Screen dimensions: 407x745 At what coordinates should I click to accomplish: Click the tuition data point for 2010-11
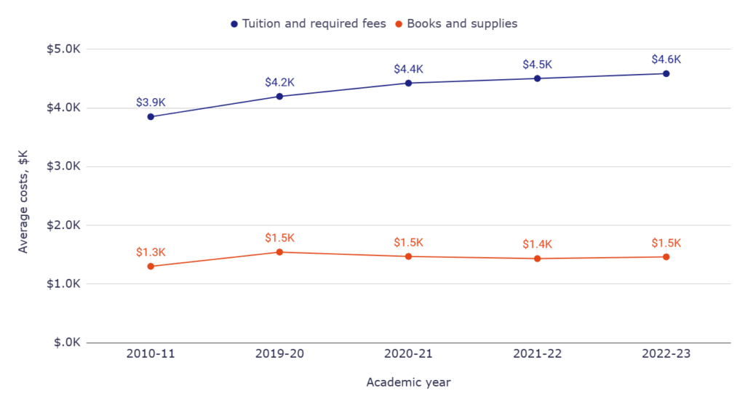(x=151, y=116)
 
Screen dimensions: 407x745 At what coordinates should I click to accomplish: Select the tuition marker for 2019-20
(x=279, y=96)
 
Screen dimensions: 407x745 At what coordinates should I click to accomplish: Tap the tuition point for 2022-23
(x=666, y=73)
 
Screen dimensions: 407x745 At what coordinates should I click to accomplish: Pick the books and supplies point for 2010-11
(x=151, y=266)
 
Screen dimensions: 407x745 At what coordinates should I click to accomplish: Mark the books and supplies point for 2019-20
(x=279, y=252)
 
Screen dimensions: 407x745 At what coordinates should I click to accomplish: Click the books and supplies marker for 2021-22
(x=537, y=259)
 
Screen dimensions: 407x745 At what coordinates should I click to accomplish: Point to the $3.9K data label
(x=151, y=102)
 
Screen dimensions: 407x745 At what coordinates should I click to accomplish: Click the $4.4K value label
(x=408, y=69)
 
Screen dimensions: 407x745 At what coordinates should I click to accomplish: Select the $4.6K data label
(x=666, y=60)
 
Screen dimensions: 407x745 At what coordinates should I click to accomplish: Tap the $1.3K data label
(x=151, y=252)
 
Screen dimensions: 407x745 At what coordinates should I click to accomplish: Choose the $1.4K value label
(x=537, y=244)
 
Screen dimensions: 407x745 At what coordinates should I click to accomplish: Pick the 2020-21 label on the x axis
(x=408, y=355)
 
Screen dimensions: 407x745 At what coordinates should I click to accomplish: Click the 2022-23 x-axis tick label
(x=666, y=355)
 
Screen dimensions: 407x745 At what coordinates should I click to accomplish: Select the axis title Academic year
(x=408, y=382)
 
